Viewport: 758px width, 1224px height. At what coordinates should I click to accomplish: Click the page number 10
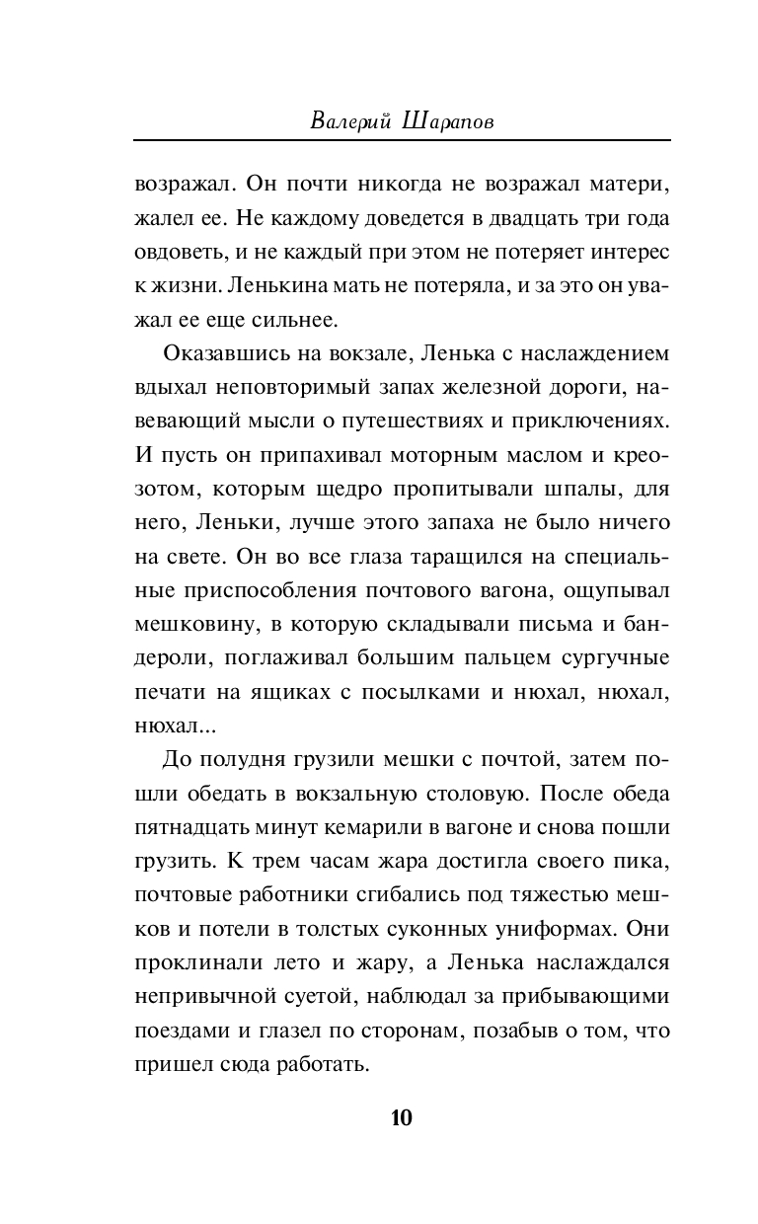(x=402, y=1117)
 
